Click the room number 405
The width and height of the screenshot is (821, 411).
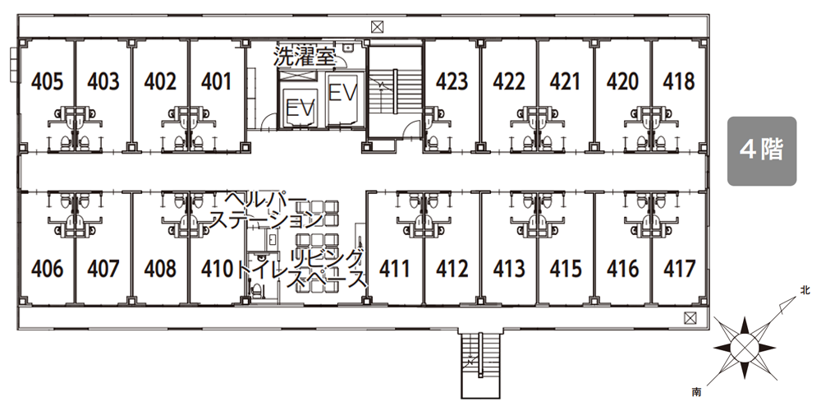[47, 81]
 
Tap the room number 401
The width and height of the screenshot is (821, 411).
[216, 81]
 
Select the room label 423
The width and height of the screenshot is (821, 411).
[452, 81]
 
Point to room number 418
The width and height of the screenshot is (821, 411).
[679, 81]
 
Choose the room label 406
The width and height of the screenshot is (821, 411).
[47, 269]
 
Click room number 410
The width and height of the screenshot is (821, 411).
[217, 269]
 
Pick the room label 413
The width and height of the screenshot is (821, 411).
[509, 269]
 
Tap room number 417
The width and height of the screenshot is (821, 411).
[679, 269]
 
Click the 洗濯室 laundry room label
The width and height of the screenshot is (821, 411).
[305, 57]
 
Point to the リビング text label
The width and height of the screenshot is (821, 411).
[328, 258]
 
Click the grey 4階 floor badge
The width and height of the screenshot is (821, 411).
[762, 151]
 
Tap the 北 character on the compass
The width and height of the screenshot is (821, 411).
[805, 290]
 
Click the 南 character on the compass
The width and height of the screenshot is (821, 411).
[696, 391]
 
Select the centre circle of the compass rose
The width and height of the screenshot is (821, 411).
[744, 347]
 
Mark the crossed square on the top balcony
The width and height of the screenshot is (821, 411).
[378, 26]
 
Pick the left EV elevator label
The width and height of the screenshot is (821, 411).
[300, 109]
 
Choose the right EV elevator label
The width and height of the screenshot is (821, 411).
[342, 94]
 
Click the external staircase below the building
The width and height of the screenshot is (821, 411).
[480, 363]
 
